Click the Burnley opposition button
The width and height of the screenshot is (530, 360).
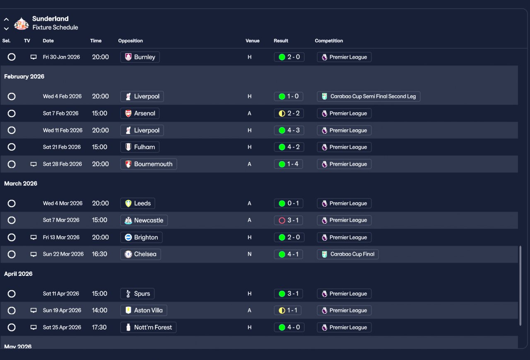[x=140, y=57]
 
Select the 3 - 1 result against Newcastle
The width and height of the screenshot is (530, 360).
[x=289, y=220]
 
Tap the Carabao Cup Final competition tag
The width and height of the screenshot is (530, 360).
[x=348, y=254]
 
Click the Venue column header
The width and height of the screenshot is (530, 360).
[x=253, y=41]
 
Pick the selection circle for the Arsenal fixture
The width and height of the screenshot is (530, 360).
[x=12, y=114]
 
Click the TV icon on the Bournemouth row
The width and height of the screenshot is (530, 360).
[x=34, y=164]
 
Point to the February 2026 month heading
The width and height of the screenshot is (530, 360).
[x=24, y=77]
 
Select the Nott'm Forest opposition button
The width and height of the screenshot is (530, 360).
[x=149, y=327]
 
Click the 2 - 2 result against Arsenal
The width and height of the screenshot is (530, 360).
[x=289, y=114]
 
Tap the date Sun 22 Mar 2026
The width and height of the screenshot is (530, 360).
[x=63, y=254]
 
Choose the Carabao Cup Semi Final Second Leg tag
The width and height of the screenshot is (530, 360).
[x=369, y=97]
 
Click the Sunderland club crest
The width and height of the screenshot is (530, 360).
[x=22, y=24]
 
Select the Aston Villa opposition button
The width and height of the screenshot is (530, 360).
[x=144, y=310]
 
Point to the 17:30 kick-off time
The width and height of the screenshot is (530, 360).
[x=99, y=327]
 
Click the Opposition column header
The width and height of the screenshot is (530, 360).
[x=130, y=41]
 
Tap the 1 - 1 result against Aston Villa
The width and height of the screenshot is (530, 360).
[x=289, y=310]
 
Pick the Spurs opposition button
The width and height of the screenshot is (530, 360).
[x=137, y=294]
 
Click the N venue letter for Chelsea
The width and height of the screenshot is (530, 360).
[x=250, y=254]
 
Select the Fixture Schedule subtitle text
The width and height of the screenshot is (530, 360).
[x=55, y=27]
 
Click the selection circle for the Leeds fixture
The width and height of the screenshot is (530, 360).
[x=12, y=203]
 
